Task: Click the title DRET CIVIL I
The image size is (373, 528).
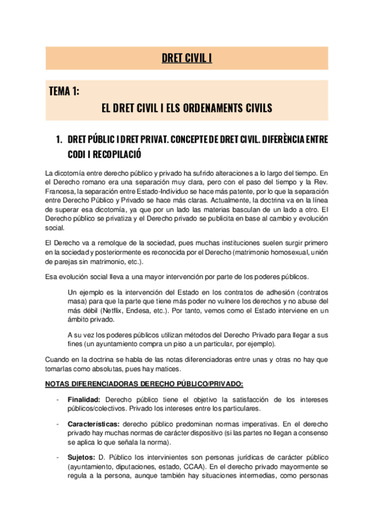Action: (187, 59)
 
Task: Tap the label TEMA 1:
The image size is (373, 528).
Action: (64, 92)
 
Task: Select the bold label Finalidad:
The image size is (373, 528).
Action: (85, 398)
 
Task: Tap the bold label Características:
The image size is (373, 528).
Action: (94, 423)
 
